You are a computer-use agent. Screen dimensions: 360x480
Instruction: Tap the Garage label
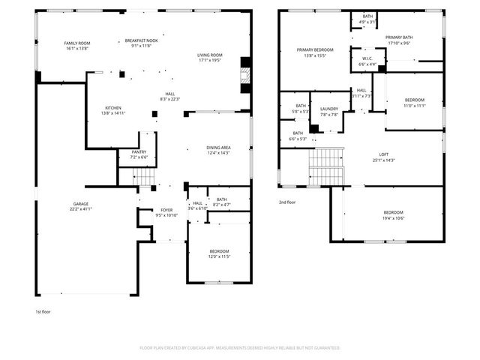pyautogui.click(x=80, y=205)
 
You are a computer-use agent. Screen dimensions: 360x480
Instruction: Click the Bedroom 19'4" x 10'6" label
pyautogui.click(x=393, y=215)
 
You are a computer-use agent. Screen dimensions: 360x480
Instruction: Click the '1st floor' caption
pyautogui.click(x=43, y=311)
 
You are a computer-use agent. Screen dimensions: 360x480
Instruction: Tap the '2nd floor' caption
pyautogui.click(x=287, y=202)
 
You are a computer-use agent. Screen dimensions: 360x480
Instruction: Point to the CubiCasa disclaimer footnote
pyautogui.click(x=240, y=348)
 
